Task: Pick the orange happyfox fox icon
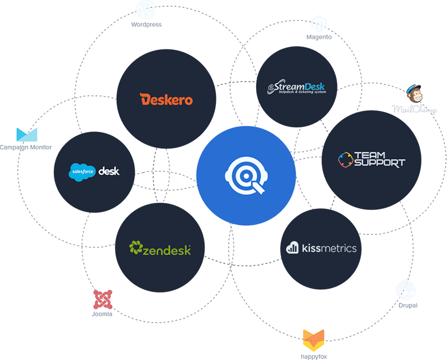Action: (x=313, y=340)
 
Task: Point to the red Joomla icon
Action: (x=102, y=299)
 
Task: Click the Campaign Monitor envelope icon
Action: (x=26, y=135)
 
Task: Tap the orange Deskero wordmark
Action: (x=167, y=100)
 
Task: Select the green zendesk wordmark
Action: (x=160, y=248)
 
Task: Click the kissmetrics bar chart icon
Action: (x=292, y=247)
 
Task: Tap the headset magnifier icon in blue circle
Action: (x=246, y=176)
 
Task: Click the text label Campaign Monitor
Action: (x=26, y=147)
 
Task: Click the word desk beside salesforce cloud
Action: (x=109, y=171)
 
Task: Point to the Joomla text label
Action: (x=102, y=314)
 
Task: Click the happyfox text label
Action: (x=313, y=356)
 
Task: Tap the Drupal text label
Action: (x=408, y=305)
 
